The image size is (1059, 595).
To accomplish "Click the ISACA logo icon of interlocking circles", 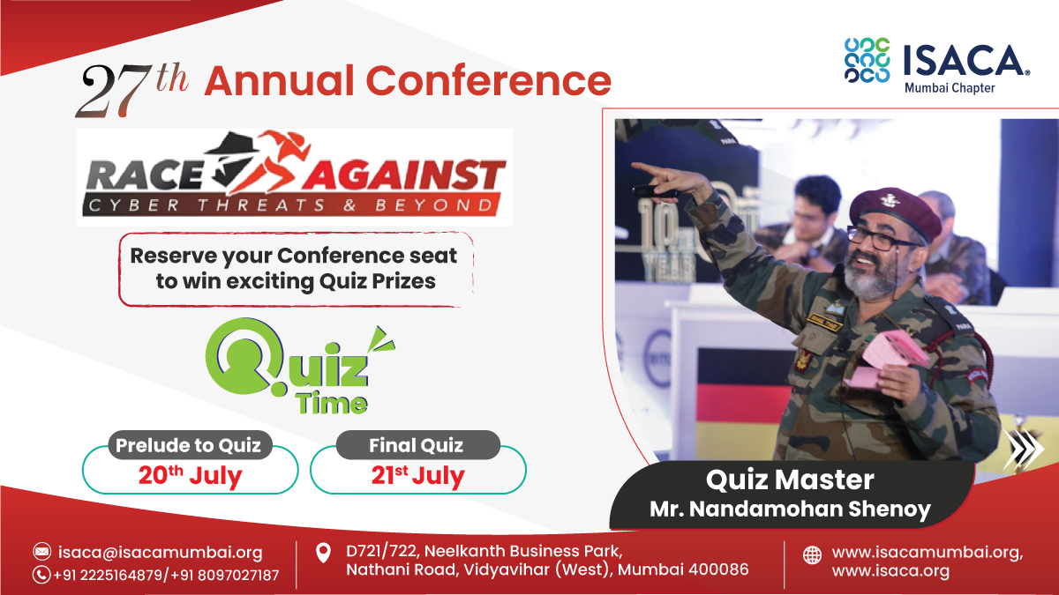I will [866, 60].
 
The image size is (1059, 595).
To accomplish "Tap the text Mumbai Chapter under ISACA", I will [949, 88].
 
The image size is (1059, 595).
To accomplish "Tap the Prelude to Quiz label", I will [189, 445].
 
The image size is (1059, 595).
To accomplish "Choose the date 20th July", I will [190, 476].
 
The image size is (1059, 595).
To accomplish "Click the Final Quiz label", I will [417, 445].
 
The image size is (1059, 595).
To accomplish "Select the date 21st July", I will [417, 476].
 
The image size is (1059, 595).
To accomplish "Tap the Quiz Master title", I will [790, 480].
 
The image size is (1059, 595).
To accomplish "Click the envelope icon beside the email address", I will [41, 552].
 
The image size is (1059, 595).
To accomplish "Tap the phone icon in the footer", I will [41, 575].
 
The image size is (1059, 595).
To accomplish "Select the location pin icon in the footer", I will [324, 554].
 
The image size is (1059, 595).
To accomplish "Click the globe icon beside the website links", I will [811, 555].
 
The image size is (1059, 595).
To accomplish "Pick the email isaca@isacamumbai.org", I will [160, 553].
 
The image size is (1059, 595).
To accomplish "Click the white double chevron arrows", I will [1023, 449].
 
